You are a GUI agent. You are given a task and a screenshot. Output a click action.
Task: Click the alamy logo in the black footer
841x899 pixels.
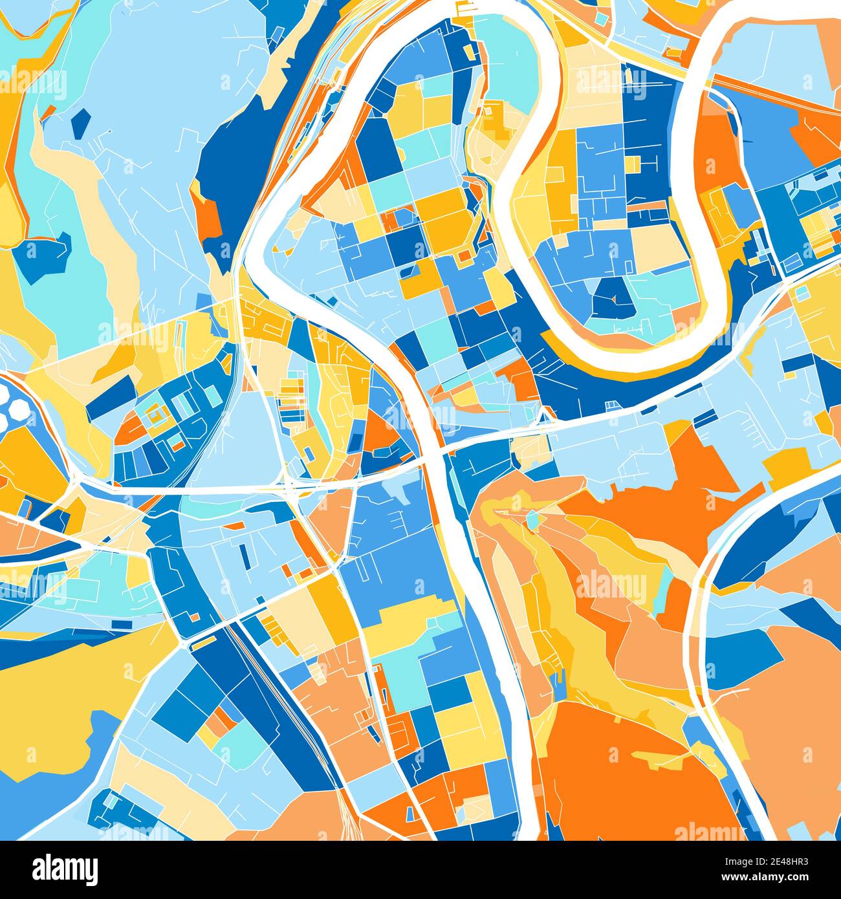(65, 869)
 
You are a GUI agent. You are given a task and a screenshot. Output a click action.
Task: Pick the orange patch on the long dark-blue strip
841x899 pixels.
(208, 217)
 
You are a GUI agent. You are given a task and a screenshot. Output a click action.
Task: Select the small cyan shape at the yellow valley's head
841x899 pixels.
(532, 520)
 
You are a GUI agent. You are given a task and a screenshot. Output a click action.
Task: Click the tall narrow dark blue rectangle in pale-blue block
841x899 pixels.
(244, 555)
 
